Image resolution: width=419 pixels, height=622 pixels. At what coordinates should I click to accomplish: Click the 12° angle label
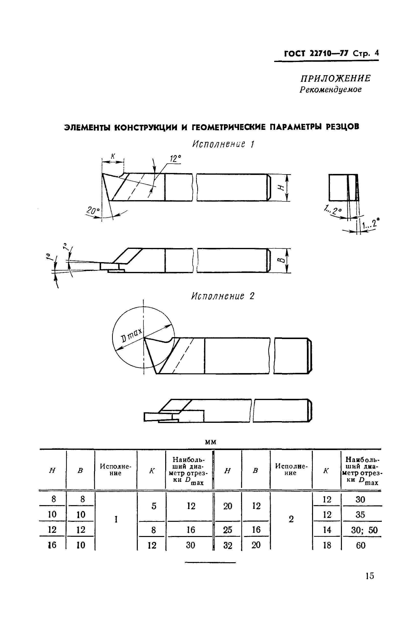point(175,159)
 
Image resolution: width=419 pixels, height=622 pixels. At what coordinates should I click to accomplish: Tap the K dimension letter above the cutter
point(113,157)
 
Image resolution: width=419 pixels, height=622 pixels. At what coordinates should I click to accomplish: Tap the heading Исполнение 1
point(223,144)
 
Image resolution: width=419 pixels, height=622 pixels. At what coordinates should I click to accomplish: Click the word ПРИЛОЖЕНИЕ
point(336,78)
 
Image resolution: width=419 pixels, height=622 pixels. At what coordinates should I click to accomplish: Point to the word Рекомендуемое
point(331,90)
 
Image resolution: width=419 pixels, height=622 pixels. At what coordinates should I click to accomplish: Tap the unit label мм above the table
point(210,442)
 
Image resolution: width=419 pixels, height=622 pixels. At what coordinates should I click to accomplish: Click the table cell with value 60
point(361,545)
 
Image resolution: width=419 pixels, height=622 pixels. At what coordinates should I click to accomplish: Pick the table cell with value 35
point(360,514)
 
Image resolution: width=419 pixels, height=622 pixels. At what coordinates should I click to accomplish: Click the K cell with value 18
point(326,545)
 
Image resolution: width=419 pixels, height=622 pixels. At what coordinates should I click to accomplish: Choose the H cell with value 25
point(227,530)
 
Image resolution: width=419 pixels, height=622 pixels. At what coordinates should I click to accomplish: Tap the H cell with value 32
point(228,545)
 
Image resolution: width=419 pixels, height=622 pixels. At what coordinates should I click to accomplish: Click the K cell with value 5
point(154,506)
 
